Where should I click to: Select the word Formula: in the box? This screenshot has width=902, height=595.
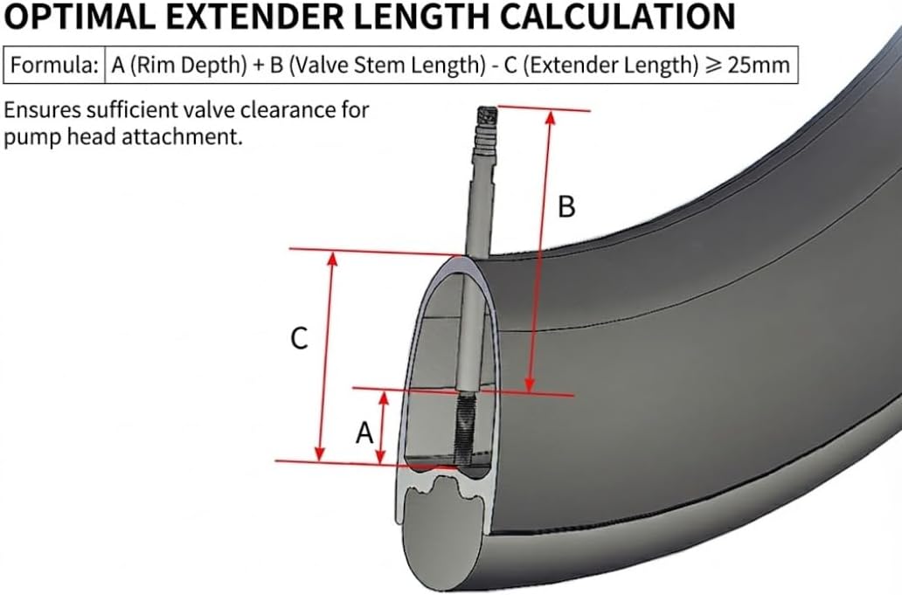click(54, 66)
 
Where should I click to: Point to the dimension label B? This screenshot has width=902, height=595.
click(566, 207)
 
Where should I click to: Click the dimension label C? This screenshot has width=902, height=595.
click(299, 339)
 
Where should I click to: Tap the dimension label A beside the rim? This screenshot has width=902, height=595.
click(364, 431)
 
